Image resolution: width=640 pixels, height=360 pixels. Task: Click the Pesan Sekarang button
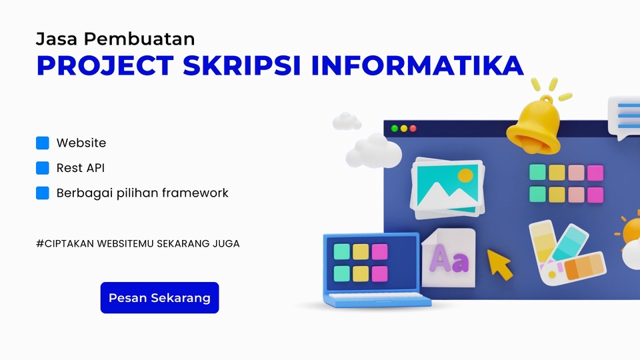[159, 297]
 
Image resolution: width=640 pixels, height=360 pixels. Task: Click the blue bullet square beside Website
[43, 143]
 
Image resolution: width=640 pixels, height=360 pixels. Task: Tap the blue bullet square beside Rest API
[43, 168]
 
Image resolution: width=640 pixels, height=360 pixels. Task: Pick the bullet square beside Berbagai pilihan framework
[43, 193]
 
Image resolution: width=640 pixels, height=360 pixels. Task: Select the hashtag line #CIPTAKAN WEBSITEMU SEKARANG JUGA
[138, 243]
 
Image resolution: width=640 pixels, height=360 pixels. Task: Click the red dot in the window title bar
[413, 128]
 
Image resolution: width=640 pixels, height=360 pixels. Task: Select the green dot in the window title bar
[395, 128]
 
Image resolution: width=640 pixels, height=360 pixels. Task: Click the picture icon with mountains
[447, 187]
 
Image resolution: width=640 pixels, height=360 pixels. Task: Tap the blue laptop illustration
[371, 270]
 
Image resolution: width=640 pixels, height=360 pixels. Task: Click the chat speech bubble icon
[625, 117]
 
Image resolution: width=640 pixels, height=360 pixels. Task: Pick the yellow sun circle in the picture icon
[465, 176]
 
